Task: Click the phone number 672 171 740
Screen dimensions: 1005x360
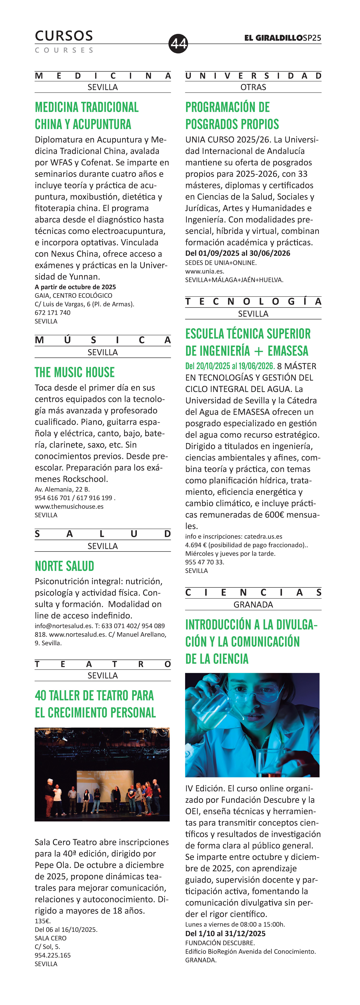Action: coord(53,313)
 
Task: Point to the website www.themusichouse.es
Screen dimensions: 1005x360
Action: coord(69,506)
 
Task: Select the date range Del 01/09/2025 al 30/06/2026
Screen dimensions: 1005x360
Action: coord(238,253)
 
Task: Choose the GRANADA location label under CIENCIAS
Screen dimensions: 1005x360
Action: coord(253,604)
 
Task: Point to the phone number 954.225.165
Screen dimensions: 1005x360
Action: coord(53,955)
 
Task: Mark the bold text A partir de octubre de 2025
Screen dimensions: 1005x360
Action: coord(75,287)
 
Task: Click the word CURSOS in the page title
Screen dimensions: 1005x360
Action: coord(64,36)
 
